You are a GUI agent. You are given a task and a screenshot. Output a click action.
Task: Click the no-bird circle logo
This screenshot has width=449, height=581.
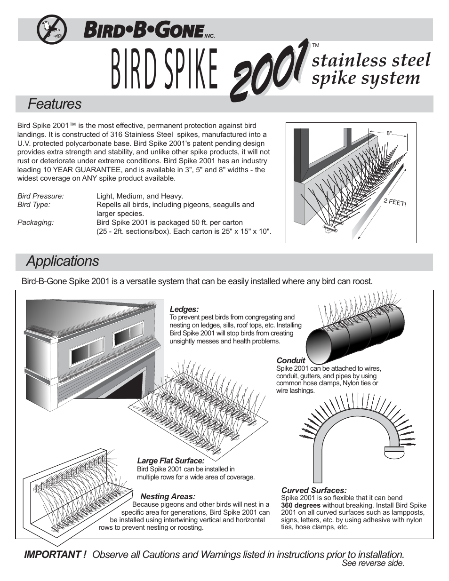click(x=51, y=30)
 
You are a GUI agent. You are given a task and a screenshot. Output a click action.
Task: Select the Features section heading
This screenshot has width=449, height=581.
click(x=54, y=104)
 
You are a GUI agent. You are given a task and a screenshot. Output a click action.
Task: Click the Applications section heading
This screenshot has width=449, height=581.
click(x=63, y=261)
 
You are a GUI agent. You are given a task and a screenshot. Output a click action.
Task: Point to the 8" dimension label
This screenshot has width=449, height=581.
click(x=389, y=133)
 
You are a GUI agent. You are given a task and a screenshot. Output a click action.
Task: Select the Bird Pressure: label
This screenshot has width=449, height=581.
click(x=40, y=196)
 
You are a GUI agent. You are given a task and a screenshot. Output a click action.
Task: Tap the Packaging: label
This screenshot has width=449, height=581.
click(x=35, y=223)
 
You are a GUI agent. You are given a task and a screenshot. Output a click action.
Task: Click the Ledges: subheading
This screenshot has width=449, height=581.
click(x=184, y=309)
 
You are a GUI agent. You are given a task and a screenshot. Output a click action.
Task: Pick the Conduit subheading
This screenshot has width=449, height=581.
click(x=290, y=360)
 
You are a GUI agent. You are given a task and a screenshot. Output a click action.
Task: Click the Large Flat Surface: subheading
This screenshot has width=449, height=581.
click(x=170, y=461)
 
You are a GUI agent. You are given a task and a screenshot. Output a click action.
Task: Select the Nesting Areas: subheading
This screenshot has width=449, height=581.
click(x=168, y=496)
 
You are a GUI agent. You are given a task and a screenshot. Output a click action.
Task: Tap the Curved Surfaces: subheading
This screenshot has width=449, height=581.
click(x=313, y=490)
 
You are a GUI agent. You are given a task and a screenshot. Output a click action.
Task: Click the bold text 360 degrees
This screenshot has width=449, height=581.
click(x=300, y=505)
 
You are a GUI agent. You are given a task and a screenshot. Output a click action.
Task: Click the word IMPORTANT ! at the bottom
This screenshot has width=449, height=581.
click(x=55, y=555)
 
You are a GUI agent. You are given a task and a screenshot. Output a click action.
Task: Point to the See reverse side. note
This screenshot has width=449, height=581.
click(x=373, y=564)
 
